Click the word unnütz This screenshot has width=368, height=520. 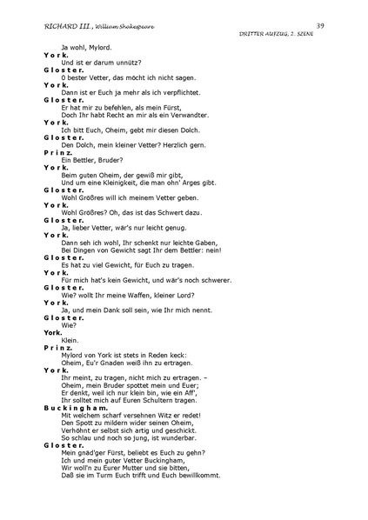click(x=127, y=61)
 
